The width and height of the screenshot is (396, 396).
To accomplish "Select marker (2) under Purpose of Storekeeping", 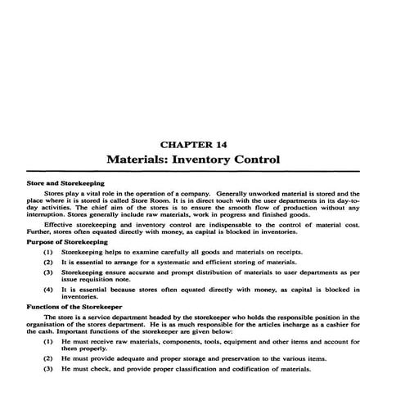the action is tap(48, 263).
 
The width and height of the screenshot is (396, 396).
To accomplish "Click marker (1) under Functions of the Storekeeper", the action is tap(48, 340).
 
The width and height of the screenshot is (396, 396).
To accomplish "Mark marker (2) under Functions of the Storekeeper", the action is tap(48, 358).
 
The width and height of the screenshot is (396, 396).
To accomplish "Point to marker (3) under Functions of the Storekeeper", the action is tap(48, 370).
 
